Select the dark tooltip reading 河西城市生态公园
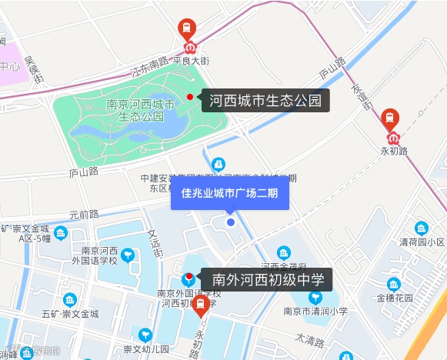265,100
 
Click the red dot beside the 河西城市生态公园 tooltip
190,98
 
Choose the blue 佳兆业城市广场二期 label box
229,193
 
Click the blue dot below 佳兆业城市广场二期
230,222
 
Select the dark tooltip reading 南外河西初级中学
266,279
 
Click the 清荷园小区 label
422,242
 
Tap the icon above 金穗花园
394,284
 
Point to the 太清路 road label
310,338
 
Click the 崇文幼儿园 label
146,349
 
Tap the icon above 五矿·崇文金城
70,299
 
